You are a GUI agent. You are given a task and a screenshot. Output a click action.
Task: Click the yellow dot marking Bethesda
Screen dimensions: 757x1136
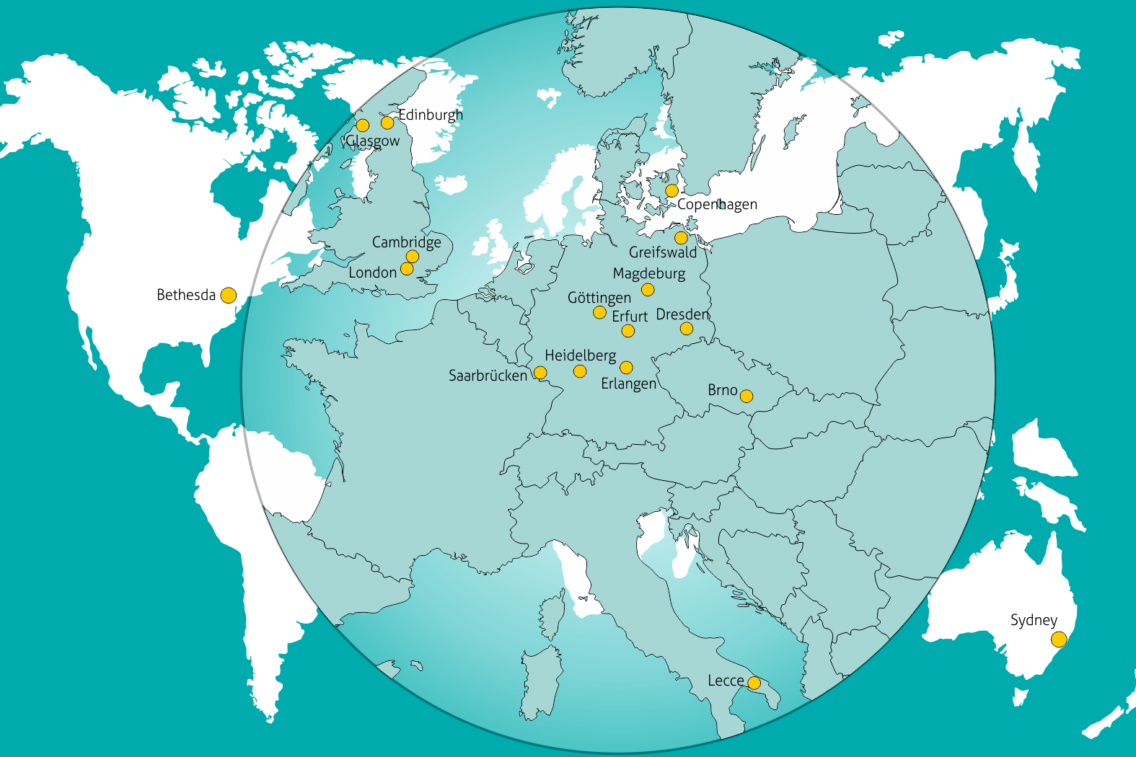(228, 296)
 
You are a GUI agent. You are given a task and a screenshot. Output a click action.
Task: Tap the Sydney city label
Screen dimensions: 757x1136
(1034, 621)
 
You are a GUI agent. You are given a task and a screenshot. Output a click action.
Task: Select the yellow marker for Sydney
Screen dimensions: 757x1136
(1059, 639)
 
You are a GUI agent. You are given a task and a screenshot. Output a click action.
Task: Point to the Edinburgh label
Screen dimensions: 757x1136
(431, 115)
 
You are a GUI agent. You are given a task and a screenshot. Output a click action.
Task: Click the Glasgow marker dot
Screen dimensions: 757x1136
(363, 125)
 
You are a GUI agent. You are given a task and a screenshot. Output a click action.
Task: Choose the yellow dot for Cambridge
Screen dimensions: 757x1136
(413, 257)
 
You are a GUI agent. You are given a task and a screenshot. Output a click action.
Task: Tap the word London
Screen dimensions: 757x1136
(372, 273)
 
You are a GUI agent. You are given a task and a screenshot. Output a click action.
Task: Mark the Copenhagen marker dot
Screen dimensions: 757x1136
(672, 191)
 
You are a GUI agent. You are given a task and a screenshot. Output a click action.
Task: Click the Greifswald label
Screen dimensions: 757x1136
(663, 252)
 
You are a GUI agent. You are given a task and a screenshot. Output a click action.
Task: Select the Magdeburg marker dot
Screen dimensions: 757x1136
(648, 290)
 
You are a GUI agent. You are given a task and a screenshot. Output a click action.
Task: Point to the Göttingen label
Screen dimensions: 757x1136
(599, 298)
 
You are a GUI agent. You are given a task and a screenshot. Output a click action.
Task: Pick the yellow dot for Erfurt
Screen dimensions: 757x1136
(628, 331)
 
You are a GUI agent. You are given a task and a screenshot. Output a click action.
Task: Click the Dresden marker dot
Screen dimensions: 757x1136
(687, 329)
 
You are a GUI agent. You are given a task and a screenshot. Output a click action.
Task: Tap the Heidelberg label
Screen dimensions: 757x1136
(580, 355)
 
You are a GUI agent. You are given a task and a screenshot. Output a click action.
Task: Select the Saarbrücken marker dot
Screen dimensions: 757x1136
(540, 373)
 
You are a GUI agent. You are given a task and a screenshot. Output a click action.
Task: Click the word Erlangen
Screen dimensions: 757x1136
(628, 384)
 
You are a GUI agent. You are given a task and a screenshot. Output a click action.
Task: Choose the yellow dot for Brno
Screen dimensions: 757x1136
(747, 396)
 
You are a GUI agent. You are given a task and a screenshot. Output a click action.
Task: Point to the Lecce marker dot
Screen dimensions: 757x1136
(754, 683)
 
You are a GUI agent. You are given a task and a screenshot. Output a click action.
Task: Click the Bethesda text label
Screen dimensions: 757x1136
(186, 295)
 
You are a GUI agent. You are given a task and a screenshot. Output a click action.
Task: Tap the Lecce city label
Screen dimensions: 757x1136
(725, 681)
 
